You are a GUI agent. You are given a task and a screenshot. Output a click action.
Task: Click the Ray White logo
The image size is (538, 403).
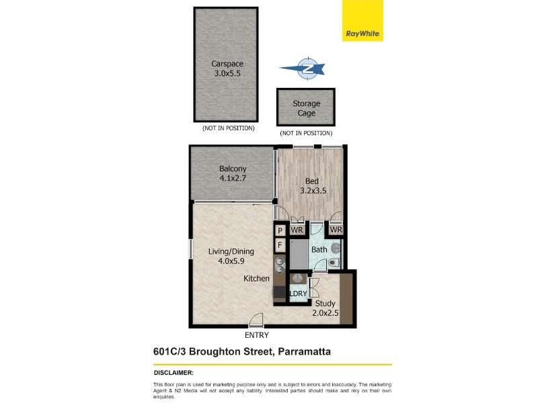pyautogui.click(x=362, y=21)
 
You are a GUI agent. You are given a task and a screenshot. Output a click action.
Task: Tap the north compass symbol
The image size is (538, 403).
pyautogui.click(x=302, y=69)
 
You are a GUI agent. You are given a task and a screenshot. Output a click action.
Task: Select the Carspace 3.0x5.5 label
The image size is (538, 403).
pyautogui.click(x=227, y=69)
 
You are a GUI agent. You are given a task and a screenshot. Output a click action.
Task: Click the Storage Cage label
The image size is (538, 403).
pyautogui.click(x=306, y=108)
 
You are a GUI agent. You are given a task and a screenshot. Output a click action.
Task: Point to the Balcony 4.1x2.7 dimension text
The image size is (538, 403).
pyautogui.click(x=233, y=178)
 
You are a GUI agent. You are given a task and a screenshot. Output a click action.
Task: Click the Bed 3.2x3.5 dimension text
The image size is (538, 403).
pyautogui.click(x=313, y=191)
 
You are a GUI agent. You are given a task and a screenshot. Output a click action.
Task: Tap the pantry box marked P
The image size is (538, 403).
pyautogui.click(x=280, y=230)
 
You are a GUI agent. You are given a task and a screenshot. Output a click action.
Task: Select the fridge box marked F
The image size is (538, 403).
pyautogui.click(x=280, y=245)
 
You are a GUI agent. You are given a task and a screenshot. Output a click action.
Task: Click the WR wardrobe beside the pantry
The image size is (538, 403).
pyautogui.click(x=297, y=230)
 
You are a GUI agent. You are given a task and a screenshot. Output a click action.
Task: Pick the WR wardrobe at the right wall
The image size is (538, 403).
pyautogui.click(x=336, y=230)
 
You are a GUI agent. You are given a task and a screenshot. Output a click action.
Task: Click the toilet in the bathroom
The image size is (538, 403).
pyautogui.click(x=334, y=263)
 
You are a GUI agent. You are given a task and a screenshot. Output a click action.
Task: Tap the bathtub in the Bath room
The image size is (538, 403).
pyautogui.click(x=299, y=254)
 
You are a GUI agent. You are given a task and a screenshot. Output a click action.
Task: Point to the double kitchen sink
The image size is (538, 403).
pyautogui.click(x=280, y=265)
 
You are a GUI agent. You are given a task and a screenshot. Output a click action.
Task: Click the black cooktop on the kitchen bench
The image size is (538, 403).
pyautogui.click(x=279, y=292)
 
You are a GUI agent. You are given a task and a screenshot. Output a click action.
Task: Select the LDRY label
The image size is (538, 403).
pyautogui.click(x=298, y=294)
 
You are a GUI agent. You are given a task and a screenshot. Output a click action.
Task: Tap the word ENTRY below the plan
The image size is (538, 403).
pyautogui.click(x=257, y=335)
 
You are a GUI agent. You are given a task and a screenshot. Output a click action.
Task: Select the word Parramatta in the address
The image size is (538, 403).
pyautogui.click(x=305, y=351)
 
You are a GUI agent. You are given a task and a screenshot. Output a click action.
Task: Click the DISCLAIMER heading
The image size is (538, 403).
pyautogui.click(x=174, y=373)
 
